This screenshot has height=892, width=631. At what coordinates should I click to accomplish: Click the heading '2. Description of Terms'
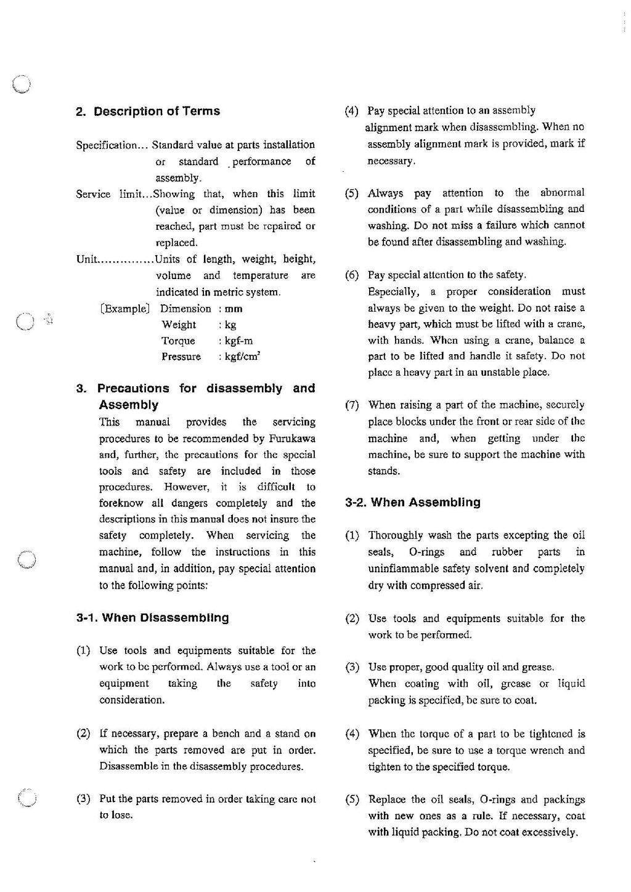pyautogui.click(x=148, y=111)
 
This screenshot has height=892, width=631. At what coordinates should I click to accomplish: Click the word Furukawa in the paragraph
pyautogui.click(x=292, y=439)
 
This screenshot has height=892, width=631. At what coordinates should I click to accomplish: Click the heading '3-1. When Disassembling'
pyautogui.click(x=152, y=618)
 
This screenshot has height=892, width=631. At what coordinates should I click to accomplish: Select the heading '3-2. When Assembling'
pyautogui.click(x=412, y=503)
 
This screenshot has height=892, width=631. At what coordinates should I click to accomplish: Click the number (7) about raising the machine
pyautogui.click(x=352, y=405)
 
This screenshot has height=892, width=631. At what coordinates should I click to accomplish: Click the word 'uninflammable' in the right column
pyautogui.click(x=402, y=569)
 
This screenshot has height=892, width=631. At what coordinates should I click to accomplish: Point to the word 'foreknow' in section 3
pyautogui.click(x=121, y=503)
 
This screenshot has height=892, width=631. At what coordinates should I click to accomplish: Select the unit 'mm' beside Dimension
pyautogui.click(x=234, y=309)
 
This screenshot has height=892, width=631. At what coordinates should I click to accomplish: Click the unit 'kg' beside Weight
pyautogui.click(x=230, y=325)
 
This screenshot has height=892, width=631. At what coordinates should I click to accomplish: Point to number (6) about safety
pyautogui.click(x=352, y=275)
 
